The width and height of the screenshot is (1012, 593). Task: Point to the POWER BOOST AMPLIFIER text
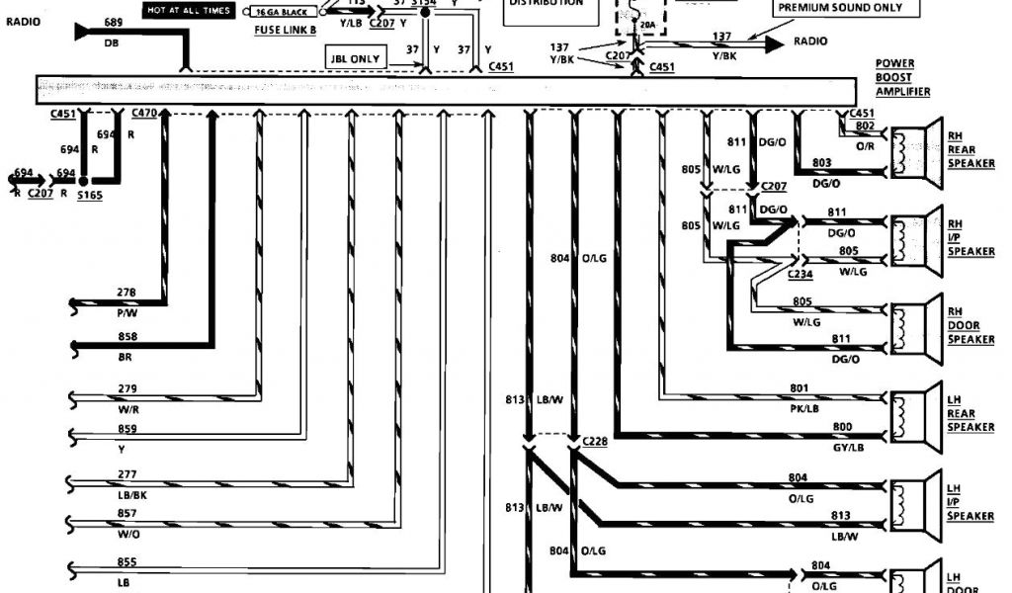coord(902,77)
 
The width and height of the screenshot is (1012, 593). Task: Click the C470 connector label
coord(145,115)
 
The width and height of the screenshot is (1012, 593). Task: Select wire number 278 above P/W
coord(126,293)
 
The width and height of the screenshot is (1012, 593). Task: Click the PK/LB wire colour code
coord(804,406)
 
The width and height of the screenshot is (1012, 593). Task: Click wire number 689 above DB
coord(113,22)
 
